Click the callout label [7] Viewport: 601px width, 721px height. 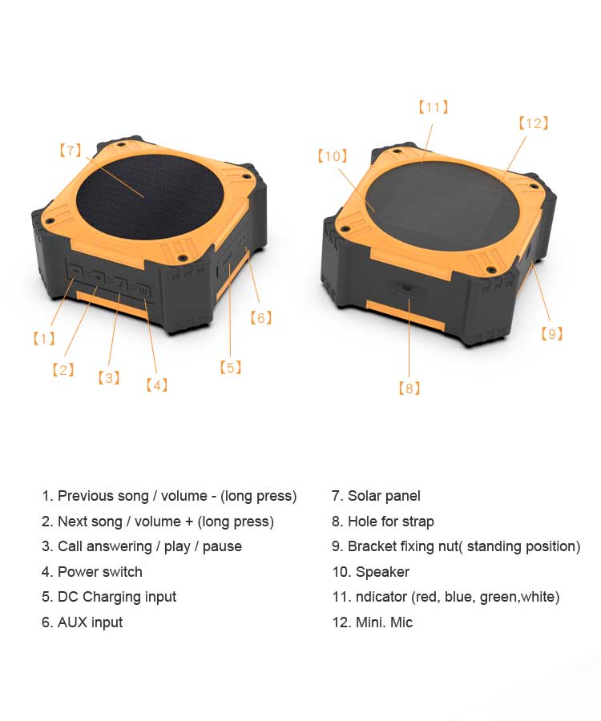click(x=71, y=151)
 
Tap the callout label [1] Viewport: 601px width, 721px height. click(x=44, y=339)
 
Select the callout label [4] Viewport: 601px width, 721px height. click(x=157, y=385)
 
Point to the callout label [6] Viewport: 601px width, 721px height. click(x=260, y=318)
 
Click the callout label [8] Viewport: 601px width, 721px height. click(x=409, y=389)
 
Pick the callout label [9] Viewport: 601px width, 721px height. click(x=552, y=333)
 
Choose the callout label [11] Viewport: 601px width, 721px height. click(x=434, y=107)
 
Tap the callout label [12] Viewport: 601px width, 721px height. click(x=534, y=123)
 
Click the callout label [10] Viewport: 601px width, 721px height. click(x=333, y=156)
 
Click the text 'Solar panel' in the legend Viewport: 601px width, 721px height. click(x=384, y=496)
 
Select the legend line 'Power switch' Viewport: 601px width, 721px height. click(x=100, y=571)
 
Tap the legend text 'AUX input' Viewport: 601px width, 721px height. click(x=90, y=622)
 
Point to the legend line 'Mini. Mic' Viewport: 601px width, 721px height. click(x=384, y=622)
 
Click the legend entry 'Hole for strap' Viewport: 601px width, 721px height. click(x=391, y=522)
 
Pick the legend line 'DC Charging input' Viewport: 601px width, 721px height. click(x=117, y=597)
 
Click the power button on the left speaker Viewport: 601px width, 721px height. click(x=143, y=291)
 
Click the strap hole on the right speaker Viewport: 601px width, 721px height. click(x=407, y=288)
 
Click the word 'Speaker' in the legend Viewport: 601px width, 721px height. click(x=382, y=571)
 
